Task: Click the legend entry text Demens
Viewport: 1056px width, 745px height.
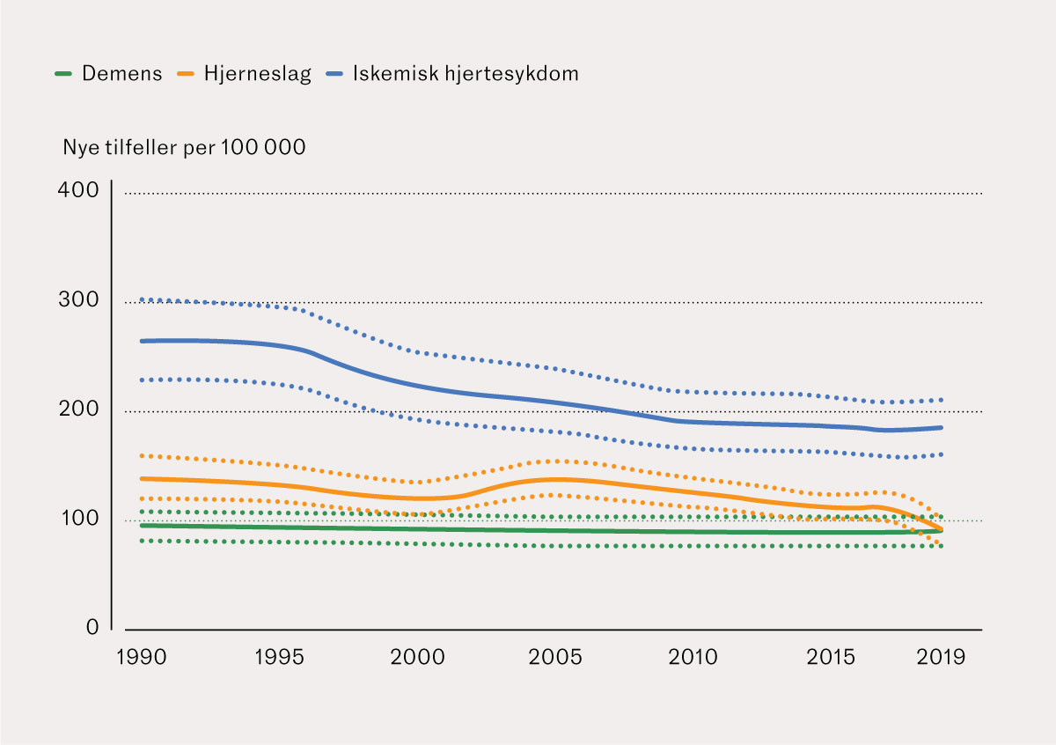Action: tap(122, 74)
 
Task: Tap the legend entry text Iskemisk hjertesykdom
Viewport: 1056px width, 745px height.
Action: tap(466, 74)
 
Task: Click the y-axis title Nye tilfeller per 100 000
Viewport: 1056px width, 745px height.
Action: tap(184, 148)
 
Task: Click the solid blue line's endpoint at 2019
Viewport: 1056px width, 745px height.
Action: tap(942, 428)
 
